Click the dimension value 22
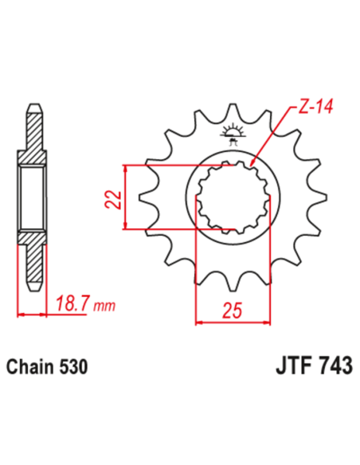(x=113, y=198)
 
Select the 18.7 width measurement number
(x=71, y=301)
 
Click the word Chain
(x=29, y=368)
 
